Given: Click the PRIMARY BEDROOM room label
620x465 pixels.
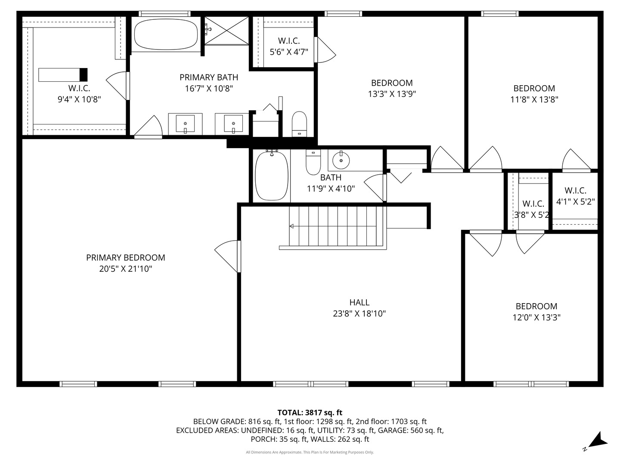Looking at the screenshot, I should (x=125, y=257).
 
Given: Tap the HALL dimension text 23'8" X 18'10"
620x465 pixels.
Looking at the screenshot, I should (x=359, y=313).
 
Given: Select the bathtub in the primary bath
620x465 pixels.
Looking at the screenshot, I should (x=166, y=34).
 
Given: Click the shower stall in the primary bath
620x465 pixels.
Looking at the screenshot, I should (x=226, y=30).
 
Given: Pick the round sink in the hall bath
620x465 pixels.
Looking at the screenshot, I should (x=341, y=160).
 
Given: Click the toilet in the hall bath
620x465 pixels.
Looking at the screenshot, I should (x=313, y=162).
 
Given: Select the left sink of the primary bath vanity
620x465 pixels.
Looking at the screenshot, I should (x=185, y=124).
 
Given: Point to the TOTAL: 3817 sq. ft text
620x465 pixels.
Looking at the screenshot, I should (x=310, y=412).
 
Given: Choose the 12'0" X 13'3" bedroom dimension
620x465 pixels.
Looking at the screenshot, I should (x=536, y=318).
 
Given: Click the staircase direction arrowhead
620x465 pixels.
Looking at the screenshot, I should (x=291, y=226).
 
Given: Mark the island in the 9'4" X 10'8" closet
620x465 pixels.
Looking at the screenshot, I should (x=63, y=74).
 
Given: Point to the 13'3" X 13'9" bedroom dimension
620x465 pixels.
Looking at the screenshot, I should (x=392, y=94).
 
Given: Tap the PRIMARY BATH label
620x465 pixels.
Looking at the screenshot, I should (x=209, y=77).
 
